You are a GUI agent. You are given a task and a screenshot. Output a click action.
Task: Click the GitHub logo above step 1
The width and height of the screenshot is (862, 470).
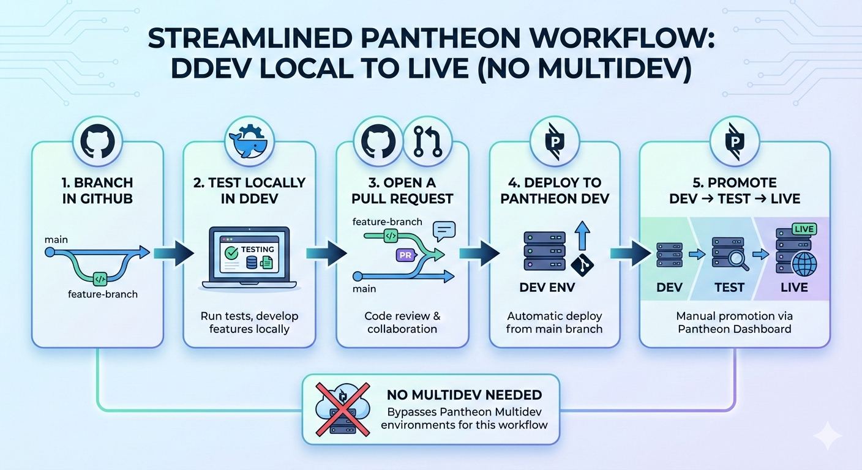pyautogui.click(x=97, y=141)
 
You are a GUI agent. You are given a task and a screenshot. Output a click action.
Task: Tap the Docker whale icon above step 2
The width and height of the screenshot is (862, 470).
pyautogui.click(x=249, y=141)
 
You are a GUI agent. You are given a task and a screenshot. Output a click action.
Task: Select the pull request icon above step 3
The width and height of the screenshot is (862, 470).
pyautogui.click(x=427, y=141)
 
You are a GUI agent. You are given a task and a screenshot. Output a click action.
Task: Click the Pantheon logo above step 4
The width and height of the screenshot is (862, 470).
pyautogui.click(x=555, y=141)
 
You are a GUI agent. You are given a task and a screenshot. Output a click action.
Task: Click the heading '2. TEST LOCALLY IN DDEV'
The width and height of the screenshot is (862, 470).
pyautogui.click(x=249, y=190)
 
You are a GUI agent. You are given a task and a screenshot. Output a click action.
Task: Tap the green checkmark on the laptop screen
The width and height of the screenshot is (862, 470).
pyautogui.click(x=231, y=253)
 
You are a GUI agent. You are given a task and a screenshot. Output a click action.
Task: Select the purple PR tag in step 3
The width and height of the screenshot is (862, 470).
pyautogui.click(x=406, y=255)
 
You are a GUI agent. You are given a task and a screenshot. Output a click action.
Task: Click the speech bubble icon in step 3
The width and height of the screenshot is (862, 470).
pyautogui.click(x=444, y=231)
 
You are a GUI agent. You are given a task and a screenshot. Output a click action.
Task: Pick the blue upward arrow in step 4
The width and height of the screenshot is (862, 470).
pyautogui.click(x=583, y=236)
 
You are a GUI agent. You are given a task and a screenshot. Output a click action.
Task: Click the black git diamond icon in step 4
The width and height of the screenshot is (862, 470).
pyautogui.click(x=582, y=265)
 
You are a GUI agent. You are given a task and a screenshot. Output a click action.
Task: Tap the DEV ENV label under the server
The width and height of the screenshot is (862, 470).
pyautogui.click(x=547, y=287)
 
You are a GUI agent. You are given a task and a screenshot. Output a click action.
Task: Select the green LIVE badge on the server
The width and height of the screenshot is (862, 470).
pyautogui.click(x=804, y=229)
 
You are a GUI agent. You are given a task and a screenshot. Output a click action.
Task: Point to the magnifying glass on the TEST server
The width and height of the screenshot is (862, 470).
pyautogui.click(x=739, y=260)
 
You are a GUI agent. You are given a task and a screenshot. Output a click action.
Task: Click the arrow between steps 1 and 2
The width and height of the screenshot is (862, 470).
pyautogui.click(x=174, y=253)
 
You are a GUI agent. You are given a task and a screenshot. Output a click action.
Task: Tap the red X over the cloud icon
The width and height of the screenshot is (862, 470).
pyautogui.click(x=342, y=409)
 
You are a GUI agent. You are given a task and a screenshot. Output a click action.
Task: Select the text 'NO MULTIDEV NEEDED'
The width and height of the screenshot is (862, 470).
pyautogui.click(x=464, y=395)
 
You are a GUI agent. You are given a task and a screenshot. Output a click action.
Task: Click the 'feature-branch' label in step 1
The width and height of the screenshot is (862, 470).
pyautogui.click(x=103, y=294)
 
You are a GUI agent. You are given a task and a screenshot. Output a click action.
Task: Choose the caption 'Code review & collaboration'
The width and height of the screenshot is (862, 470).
pyautogui.click(x=402, y=323)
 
